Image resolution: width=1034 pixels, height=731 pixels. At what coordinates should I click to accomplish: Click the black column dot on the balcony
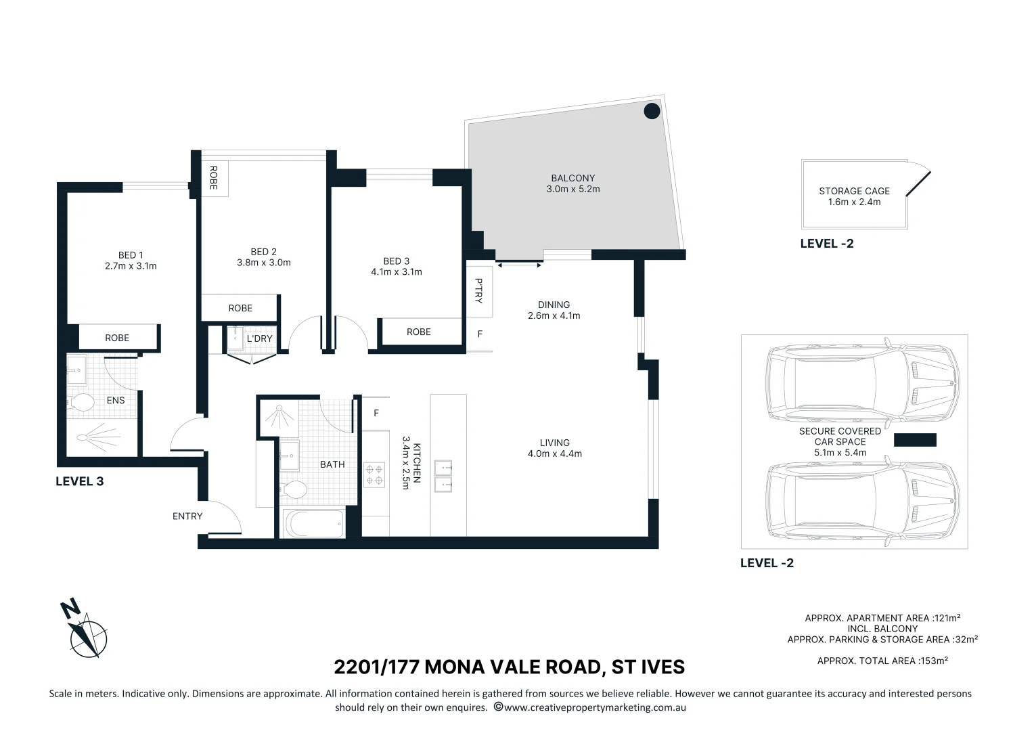[x=652, y=111]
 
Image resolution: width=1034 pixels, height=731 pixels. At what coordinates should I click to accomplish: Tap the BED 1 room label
[x=131, y=255]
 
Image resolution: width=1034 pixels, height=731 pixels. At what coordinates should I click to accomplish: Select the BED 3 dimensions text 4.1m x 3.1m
[x=397, y=272]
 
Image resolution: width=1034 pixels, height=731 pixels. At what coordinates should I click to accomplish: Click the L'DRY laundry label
[x=259, y=338]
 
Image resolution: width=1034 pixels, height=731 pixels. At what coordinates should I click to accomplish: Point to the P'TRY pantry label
[x=478, y=290]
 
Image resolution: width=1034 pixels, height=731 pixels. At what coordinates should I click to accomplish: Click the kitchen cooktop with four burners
[x=374, y=475]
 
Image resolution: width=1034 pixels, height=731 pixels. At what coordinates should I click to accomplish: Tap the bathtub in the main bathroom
[x=313, y=524]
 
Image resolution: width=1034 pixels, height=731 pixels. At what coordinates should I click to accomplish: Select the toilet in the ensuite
[x=81, y=402]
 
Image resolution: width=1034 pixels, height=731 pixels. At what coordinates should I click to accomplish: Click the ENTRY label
[x=187, y=516]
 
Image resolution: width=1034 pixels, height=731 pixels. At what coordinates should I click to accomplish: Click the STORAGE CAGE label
[x=855, y=191]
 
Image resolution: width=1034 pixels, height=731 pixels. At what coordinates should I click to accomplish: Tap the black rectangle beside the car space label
[x=915, y=440]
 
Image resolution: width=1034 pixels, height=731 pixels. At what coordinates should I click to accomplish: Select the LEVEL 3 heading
[x=80, y=481]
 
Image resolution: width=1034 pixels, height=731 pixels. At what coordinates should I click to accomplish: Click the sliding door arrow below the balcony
[x=519, y=265]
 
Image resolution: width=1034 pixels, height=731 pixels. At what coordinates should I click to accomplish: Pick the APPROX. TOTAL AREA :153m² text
[x=882, y=661]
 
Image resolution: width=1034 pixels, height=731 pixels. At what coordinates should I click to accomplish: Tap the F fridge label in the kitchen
[x=376, y=414]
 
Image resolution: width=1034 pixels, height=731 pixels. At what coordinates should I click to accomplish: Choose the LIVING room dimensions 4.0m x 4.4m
[x=555, y=454]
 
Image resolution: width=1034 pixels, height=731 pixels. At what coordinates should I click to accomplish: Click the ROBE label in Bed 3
[x=419, y=332]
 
